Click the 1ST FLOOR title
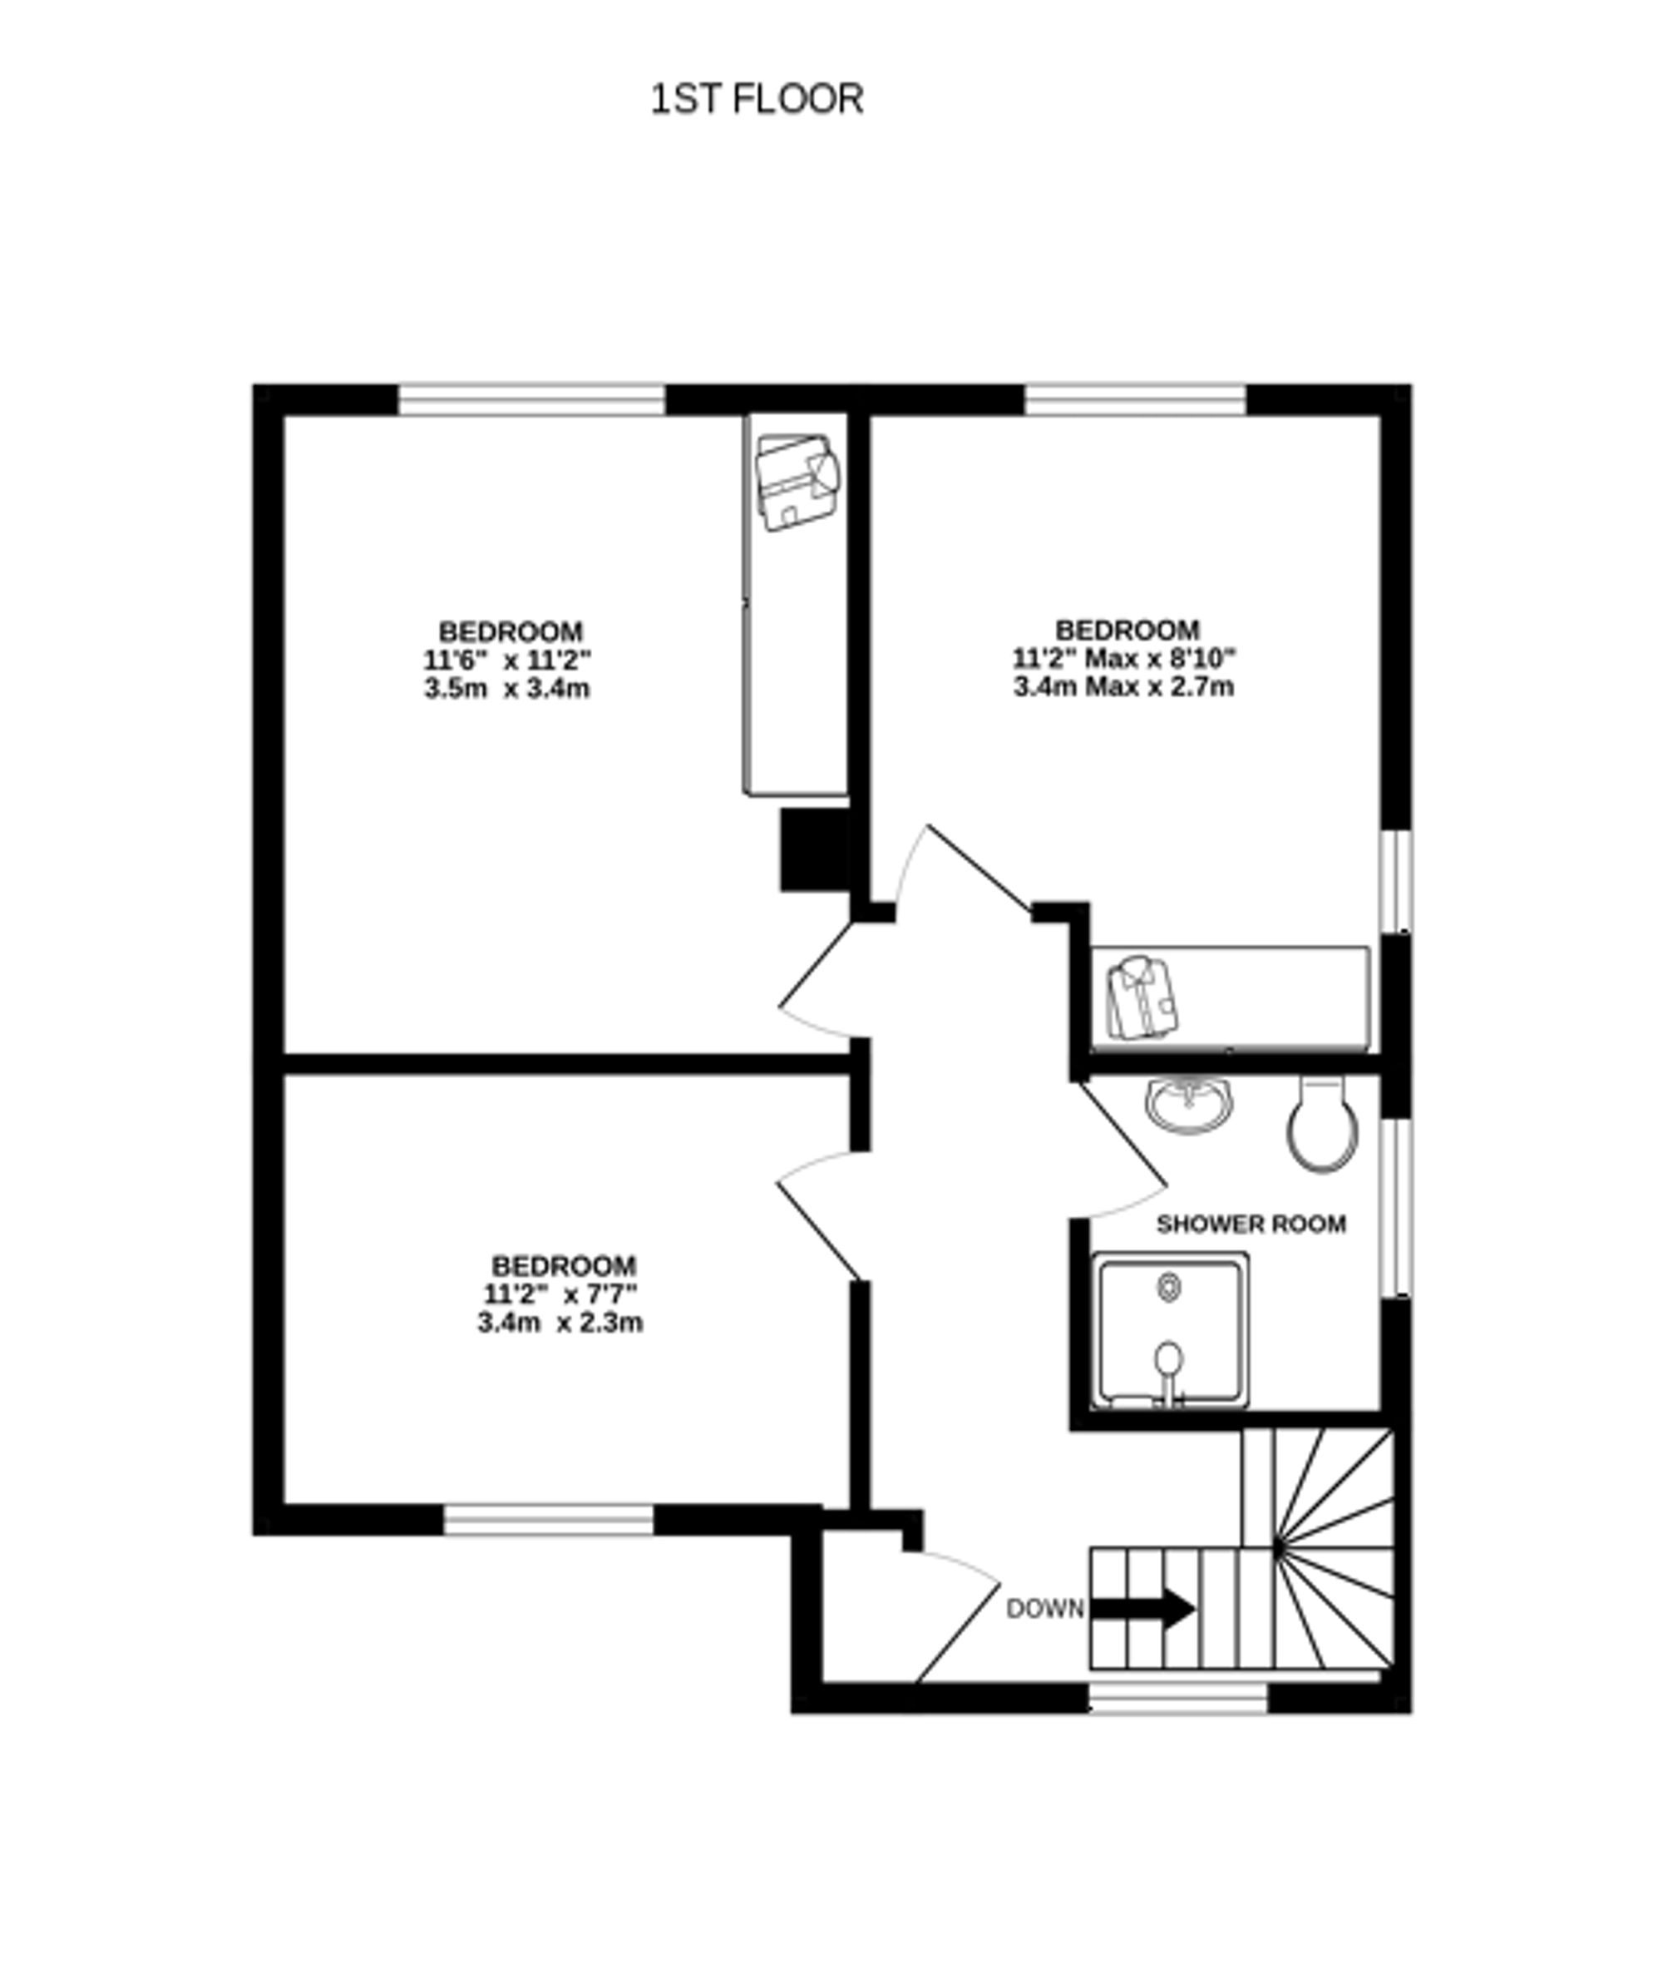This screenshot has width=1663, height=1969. point(757,99)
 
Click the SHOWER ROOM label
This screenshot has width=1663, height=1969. point(1251,1224)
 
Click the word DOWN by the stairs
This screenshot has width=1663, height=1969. point(1044,1609)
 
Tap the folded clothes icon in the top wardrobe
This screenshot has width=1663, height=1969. point(797,481)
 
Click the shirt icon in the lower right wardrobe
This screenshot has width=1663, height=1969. point(1141,997)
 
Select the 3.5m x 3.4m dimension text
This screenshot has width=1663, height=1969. point(507,689)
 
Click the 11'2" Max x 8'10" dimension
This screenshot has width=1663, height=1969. point(1123,657)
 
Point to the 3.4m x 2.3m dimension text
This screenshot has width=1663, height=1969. point(560,1323)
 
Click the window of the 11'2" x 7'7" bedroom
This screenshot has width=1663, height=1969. point(549,1519)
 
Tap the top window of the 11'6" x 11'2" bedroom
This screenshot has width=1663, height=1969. point(531,400)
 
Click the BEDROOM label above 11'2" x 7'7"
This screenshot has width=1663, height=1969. point(564,1265)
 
